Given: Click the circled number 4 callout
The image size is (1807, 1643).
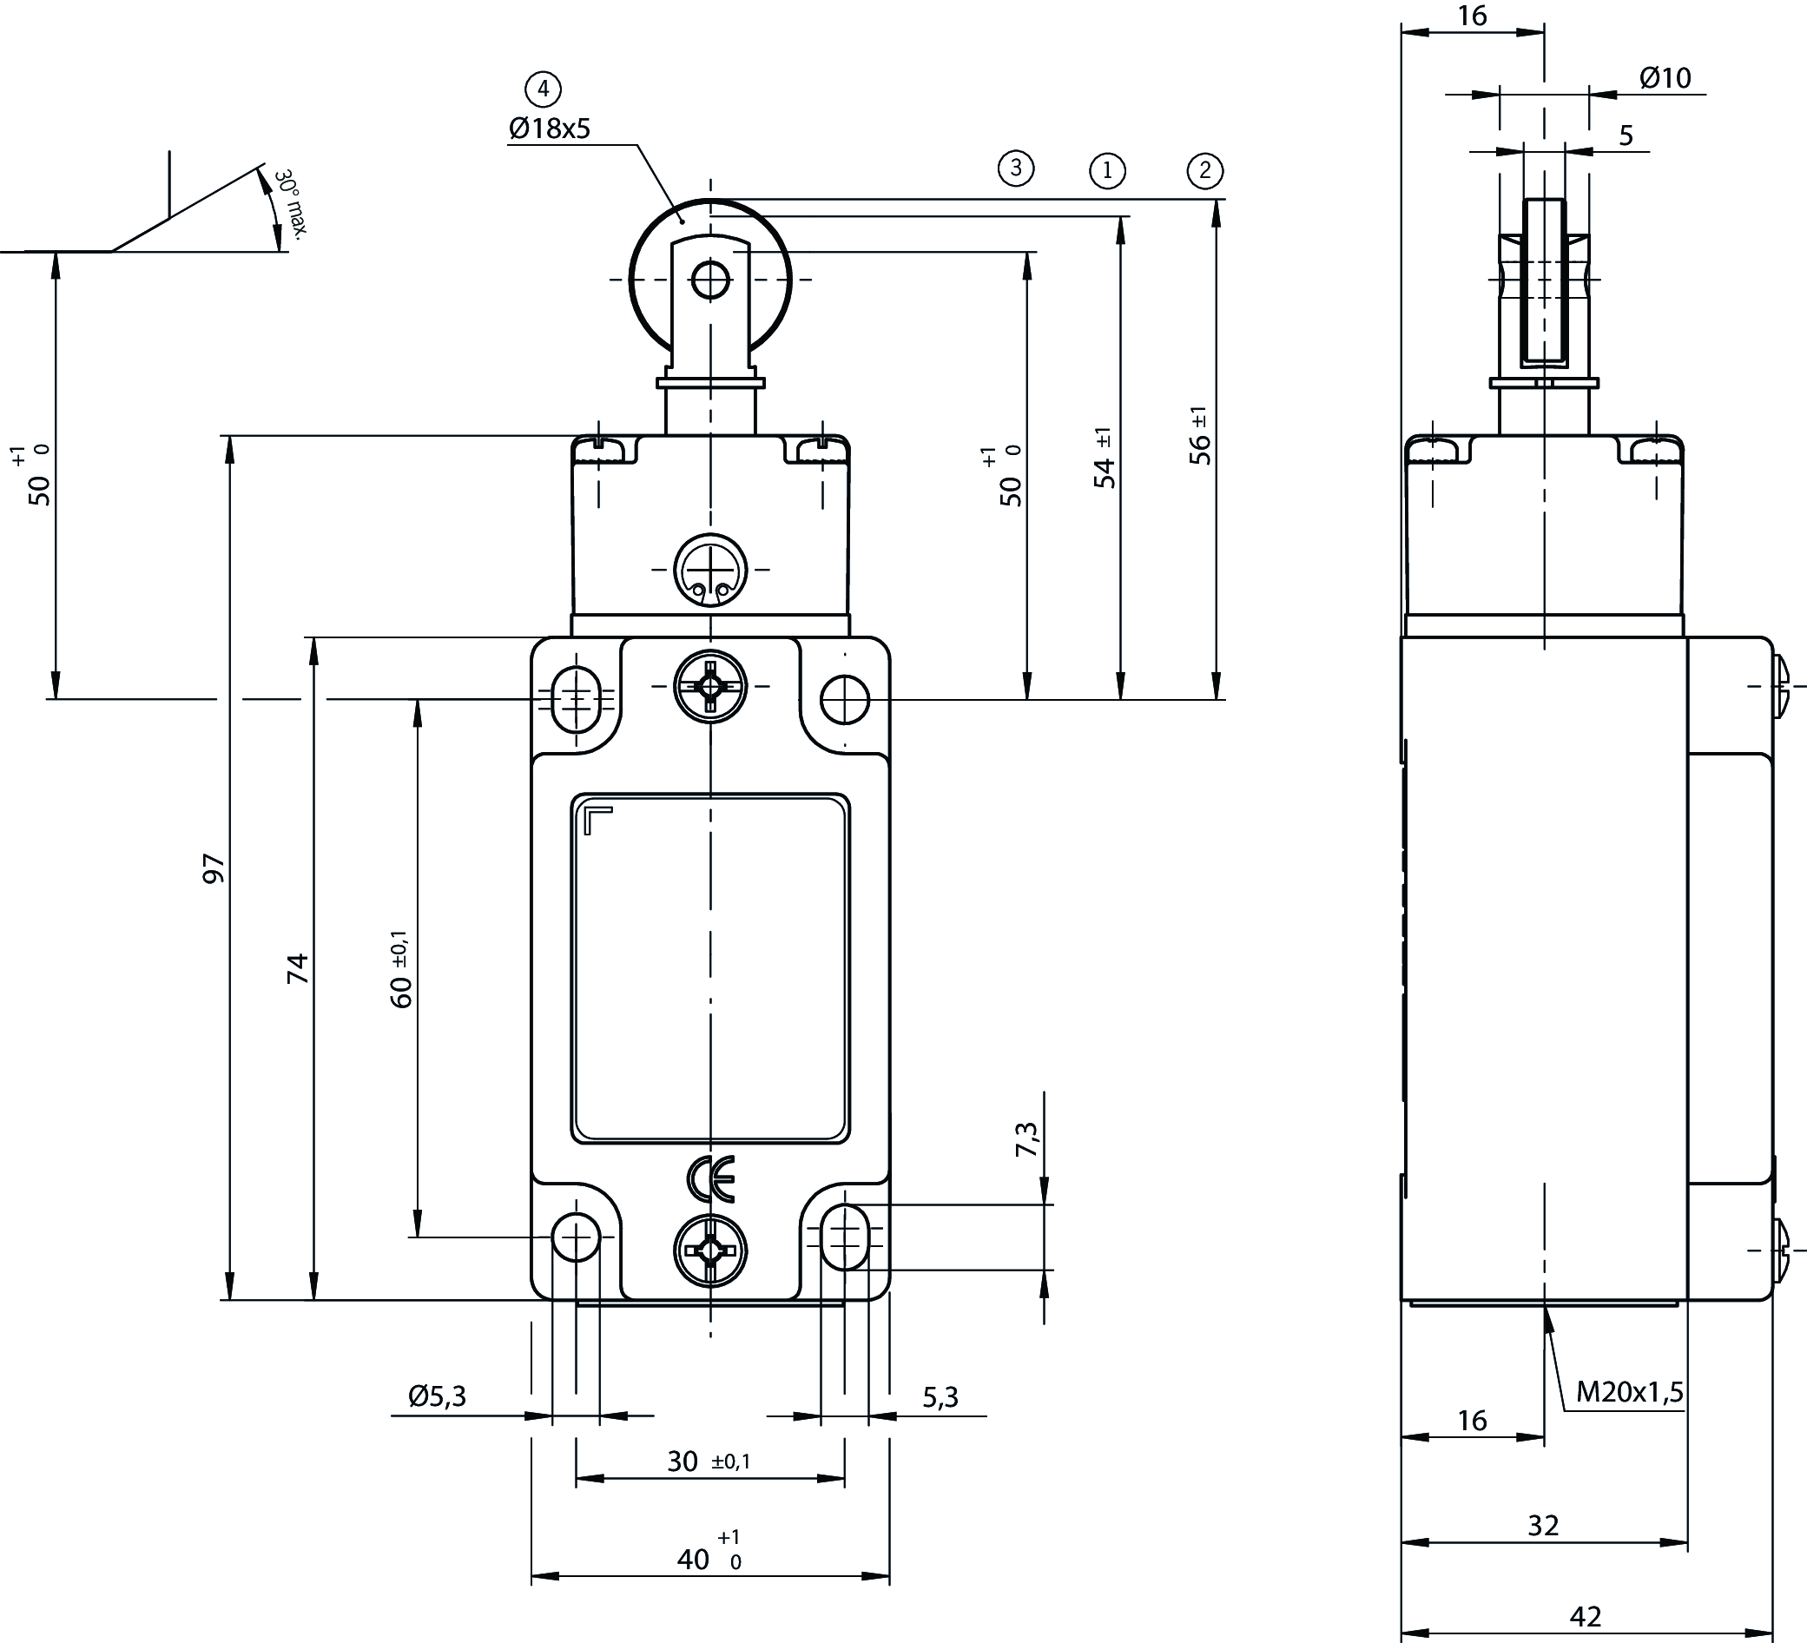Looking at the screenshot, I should (543, 89).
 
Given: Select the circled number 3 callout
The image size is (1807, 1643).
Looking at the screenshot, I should (1016, 168).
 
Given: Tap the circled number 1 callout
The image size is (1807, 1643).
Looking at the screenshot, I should (1107, 170).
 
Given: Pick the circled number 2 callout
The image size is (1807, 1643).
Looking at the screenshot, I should (1204, 170).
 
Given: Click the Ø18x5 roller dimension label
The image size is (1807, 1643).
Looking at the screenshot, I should (550, 129).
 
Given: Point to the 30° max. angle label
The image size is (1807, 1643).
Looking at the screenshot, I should (290, 202).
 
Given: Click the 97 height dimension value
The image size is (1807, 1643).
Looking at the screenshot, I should (214, 868).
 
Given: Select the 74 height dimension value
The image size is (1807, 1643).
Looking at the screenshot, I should (298, 969).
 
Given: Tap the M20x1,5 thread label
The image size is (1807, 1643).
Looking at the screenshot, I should (1630, 1392).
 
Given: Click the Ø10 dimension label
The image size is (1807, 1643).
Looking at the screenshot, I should (1665, 78).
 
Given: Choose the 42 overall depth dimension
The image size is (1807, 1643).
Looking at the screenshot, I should (1586, 1616).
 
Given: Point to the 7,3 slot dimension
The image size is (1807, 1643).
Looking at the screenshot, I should (1027, 1138).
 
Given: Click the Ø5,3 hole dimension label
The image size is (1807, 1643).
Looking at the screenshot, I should (438, 1396).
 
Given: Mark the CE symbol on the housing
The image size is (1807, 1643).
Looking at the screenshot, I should (711, 1178).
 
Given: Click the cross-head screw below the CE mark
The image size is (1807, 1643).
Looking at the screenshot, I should (711, 1251).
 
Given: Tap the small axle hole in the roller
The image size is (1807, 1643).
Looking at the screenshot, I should (711, 280).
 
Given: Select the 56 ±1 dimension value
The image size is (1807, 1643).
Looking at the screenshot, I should (1200, 437).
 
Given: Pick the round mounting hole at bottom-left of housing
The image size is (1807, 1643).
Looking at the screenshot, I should (577, 1237).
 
